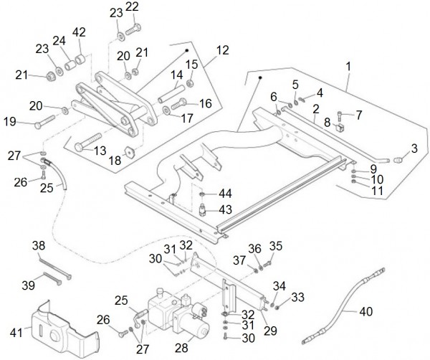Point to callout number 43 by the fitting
(225, 209)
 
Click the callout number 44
(225, 193)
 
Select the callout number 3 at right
(414, 148)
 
